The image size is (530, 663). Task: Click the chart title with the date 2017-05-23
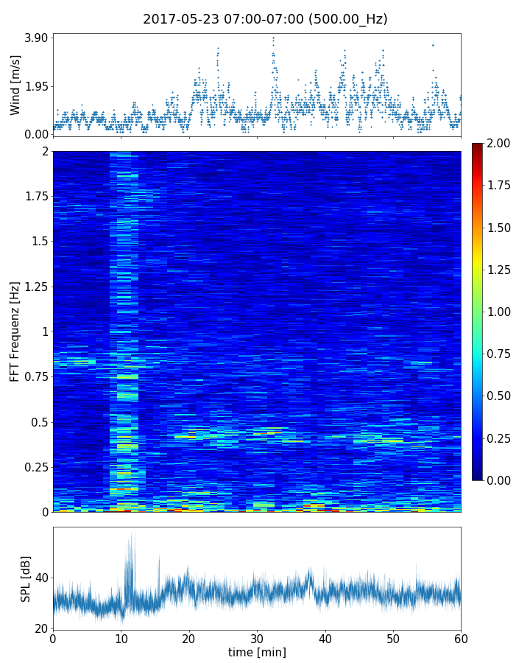point(265,19)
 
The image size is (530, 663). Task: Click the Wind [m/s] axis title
point(15,85)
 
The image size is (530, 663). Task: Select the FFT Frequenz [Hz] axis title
point(15,331)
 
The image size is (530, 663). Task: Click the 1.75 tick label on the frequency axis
point(35,197)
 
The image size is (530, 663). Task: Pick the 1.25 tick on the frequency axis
point(35,287)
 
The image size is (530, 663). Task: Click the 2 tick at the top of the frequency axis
point(44,151)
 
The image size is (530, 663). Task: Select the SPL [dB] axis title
point(26,578)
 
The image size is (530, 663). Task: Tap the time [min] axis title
point(257,652)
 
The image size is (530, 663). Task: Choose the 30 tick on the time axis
point(257,639)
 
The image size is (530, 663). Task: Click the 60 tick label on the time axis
point(461,639)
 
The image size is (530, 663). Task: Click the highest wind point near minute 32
point(273,38)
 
